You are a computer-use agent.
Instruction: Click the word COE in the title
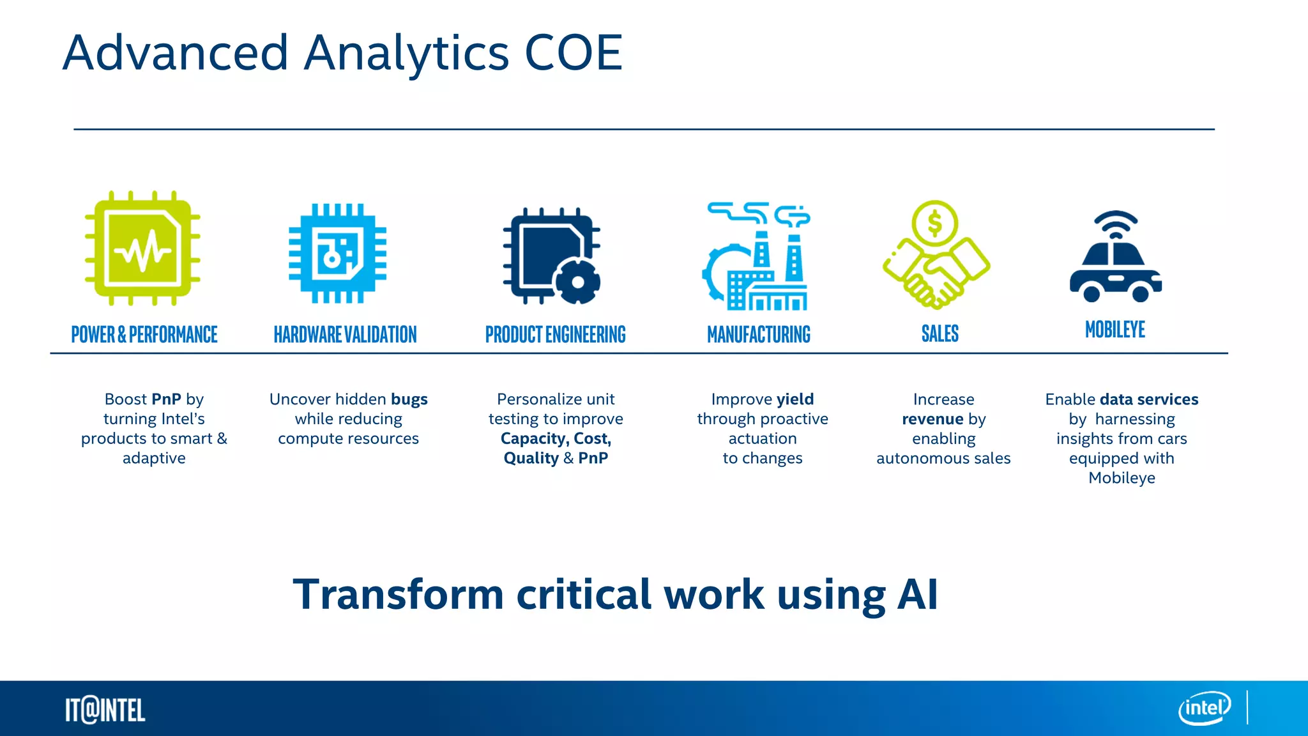tap(573, 53)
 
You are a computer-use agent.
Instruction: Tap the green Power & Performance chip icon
tap(142, 248)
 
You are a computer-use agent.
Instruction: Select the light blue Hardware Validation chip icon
tap(337, 253)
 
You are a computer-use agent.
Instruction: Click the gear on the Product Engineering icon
tap(577, 282)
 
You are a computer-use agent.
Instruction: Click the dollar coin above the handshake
tap(935, 224)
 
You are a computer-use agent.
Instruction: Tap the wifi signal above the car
tap(1115, 225)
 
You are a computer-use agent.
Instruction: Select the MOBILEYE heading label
tap(1115, 330)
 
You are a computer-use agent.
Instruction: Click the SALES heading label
tap(939, 333)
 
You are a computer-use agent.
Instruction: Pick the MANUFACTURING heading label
tap(759, 334)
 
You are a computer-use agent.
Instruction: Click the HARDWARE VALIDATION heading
tap(345, 334)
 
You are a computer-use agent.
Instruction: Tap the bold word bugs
tap(409, 399)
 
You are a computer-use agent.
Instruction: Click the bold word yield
tap(795, 399)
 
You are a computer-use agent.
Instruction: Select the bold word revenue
tap(932, 419)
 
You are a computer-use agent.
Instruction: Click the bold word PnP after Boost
tap(166, 399)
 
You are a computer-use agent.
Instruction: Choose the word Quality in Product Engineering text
tap(531, 458)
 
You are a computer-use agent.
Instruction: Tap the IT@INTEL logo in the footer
tap(105, 710)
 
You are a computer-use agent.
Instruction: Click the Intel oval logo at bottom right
tap(1204, 708)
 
